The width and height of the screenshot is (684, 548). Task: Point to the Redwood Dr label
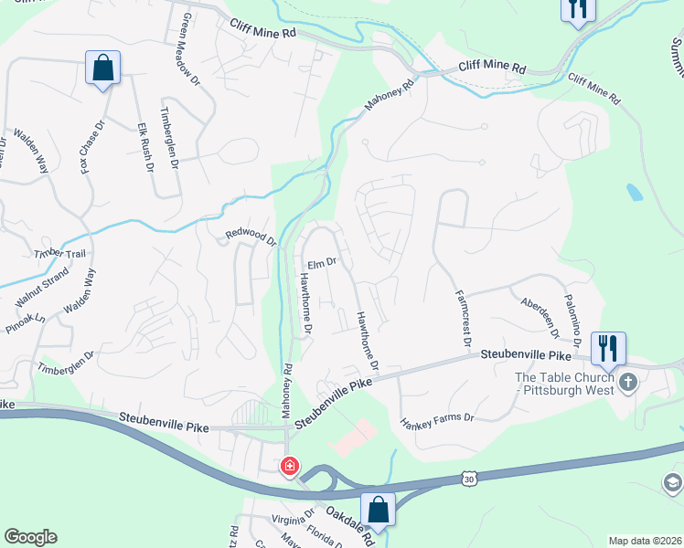pos(251,238)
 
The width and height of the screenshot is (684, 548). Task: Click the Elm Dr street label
pos(323,263)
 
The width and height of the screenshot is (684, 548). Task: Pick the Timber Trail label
pos(59,253)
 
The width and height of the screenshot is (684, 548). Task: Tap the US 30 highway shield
pos(469,478)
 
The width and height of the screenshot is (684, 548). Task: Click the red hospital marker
pos(289,467)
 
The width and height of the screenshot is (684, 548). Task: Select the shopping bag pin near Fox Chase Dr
pos(102,68)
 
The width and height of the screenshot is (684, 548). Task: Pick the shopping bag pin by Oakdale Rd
pos(377,509)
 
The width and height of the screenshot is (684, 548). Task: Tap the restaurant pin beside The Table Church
pos(607,349)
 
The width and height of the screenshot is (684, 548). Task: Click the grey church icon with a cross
pos(627,381)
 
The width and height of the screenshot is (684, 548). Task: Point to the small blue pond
pos(635,192)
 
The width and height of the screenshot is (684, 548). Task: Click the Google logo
pos(30,537)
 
